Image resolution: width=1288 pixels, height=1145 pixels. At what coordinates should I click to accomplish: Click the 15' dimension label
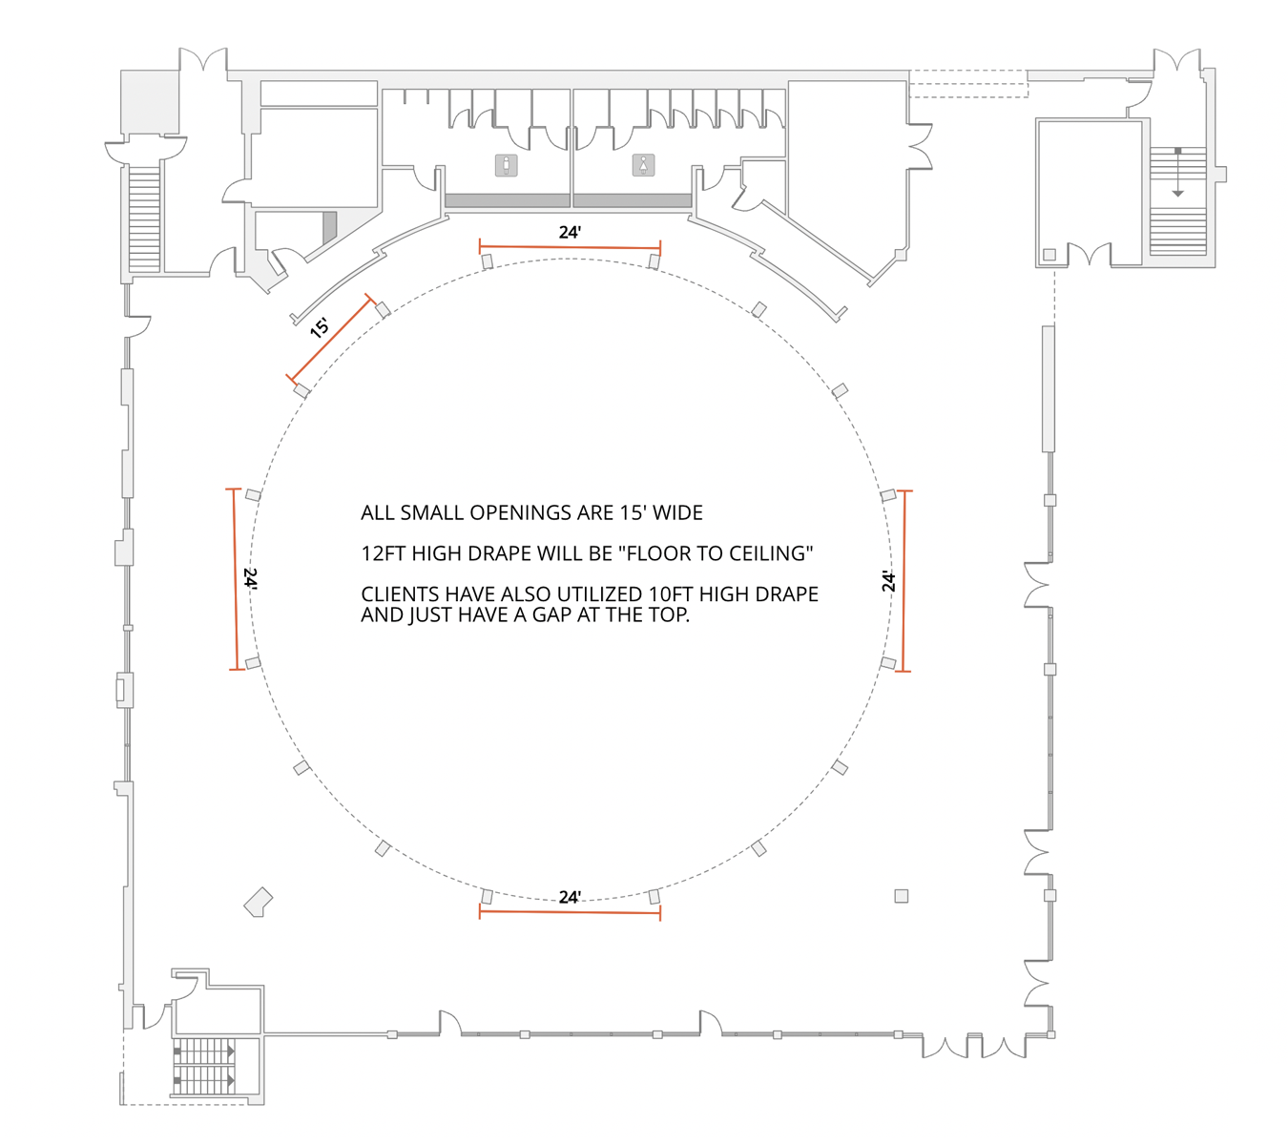[x=320, y=327]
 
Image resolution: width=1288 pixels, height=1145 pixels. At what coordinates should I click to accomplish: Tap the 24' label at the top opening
[x=570, y=232]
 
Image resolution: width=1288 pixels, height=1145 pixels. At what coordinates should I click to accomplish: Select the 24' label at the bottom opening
[x=570, y=897]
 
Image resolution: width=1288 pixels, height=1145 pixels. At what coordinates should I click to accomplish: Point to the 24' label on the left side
[x=250, y=579]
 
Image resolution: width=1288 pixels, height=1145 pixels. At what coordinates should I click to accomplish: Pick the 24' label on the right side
[x=888, y=580]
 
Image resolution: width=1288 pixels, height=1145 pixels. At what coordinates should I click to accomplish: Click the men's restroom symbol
[x=507, y=166]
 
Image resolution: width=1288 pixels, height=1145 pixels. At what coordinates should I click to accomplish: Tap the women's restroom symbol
[x=644, y=166]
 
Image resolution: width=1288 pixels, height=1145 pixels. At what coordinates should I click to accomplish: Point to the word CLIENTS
[x=400, y=594]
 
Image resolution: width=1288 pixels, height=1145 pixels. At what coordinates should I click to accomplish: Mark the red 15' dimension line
[x=330, y=342]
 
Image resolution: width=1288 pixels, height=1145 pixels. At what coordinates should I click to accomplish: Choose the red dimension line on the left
[x=236, y=579]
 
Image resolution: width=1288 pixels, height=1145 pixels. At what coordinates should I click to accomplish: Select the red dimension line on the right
[x=904, y=581]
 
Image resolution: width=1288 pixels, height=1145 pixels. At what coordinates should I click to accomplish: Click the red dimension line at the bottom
[x=570, y=912]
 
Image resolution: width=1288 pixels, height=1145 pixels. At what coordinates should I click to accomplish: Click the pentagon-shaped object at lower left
[x=259, y=902]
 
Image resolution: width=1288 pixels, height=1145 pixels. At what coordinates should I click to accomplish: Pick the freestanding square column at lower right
[x=902, y=896]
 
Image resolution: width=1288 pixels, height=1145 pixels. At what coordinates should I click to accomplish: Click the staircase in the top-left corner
[x=144, y=219]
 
